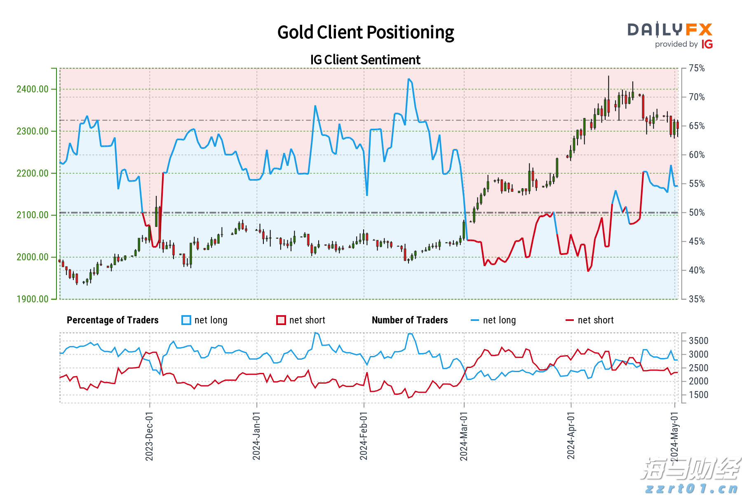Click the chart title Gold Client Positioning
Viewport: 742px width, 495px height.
[365, 32]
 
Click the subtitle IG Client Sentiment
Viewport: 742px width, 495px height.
[365, 60]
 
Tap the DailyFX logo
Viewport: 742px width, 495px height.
[670, 35]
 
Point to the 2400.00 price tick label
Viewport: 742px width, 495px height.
[32, 89]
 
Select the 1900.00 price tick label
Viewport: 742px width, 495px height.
[32, 299]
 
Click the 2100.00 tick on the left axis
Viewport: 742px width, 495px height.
[32, 215]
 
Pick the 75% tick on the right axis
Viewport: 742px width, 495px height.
[697, 68]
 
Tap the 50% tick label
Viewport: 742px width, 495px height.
[697, 212]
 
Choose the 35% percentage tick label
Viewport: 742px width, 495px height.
[697, 299]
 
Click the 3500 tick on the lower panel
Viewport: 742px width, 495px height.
[698, 341]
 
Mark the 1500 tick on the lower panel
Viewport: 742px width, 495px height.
[698, 395]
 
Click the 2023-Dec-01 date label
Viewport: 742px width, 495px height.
[149, 436]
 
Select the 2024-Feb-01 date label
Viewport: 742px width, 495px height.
[363, 436]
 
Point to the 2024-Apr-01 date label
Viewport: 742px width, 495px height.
[571, 436]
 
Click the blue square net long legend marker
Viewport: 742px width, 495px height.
[186, 320]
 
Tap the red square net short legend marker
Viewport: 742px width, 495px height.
[281, 320]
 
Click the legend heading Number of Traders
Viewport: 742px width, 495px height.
[410, 320]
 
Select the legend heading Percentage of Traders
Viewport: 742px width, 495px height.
[113, 320]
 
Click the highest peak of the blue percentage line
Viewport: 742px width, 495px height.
[409, 79]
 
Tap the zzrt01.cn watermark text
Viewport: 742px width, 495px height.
[691, 488]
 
